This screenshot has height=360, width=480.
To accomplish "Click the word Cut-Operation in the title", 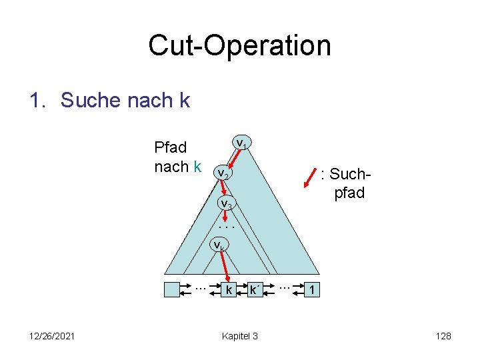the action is (x=239, y=45).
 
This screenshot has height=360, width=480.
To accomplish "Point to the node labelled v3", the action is (x=227, y=203).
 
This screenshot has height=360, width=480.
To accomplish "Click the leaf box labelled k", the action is (x=229, y=290).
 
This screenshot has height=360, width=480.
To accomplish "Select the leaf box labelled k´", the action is (x=254, y=290).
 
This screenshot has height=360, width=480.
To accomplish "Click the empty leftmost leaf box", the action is (x=173, y=290).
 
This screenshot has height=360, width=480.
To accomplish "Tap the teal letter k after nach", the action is (x=197, y=167).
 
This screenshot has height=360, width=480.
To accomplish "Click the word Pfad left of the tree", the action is (x=171, y=147).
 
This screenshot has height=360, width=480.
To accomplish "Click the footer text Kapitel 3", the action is (x=239, y=336).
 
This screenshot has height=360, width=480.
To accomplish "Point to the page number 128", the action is (x=443, y=336).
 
